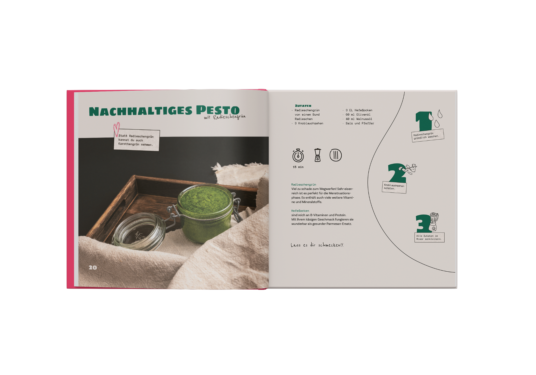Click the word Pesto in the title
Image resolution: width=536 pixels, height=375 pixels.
click(218, 110)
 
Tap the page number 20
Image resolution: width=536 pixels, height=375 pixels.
click(93, 267)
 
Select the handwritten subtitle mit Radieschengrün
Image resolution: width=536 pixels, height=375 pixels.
click(225, 117)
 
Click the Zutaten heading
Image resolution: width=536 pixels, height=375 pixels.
click(303, 106)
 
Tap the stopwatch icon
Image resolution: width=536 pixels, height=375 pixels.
click(298, 155)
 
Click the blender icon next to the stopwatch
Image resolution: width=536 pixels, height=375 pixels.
click(318, 155)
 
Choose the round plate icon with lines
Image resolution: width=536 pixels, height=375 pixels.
click(336, 155)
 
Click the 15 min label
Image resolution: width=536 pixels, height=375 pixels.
click(298, 167)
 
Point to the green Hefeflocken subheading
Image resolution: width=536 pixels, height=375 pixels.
click(300, 211)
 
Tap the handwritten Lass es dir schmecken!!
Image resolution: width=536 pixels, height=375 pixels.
click(317, 245)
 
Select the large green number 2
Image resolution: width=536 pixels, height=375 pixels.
click(397, 173)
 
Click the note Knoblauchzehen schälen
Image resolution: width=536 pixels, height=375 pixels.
click(394, 187)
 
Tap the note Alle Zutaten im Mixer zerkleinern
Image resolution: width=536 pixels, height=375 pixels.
click(429, 238)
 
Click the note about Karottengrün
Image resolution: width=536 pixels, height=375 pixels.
click(137, 140)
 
